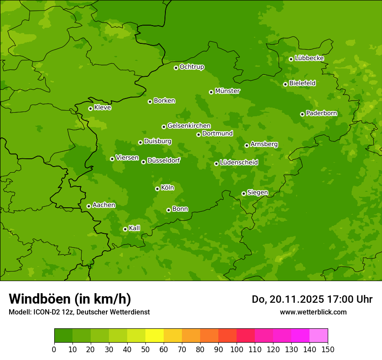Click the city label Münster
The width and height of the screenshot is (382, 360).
pos(227,91)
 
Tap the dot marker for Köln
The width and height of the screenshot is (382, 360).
pos(157,189)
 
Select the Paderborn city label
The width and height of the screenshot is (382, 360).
pos(321,113)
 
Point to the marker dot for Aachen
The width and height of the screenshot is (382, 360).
pos(89,206)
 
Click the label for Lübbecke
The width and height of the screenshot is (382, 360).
pos(309,58)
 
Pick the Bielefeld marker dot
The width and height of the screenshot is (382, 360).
pos(285,84)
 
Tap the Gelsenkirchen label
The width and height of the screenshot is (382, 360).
pos(189,126)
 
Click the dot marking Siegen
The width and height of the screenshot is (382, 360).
pos(244,193)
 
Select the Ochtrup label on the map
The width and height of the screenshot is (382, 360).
pos(191,67)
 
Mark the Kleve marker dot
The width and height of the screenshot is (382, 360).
pos(90,108)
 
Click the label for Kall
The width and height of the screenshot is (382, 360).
pos(135,228)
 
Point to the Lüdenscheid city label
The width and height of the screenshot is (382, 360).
pos(239,163)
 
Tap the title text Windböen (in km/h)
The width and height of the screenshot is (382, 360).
pos(69,299)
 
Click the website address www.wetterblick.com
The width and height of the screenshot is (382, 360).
pos(313,312)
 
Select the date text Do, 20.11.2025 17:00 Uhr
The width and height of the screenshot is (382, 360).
pos(312,299)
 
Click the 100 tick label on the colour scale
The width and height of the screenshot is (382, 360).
pos(237,349)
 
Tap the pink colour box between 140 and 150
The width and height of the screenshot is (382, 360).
pos(319,336)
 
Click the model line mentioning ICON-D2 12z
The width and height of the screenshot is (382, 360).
pos(79,312)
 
